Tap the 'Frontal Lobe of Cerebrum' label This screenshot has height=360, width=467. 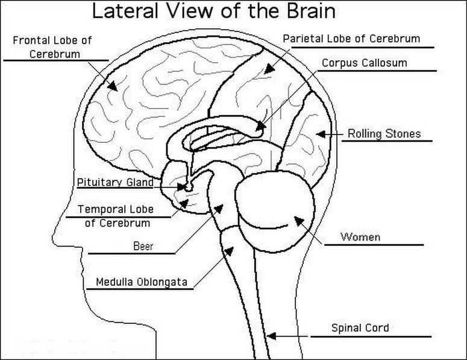coord(53,47)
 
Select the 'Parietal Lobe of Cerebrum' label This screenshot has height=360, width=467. coord(351,39)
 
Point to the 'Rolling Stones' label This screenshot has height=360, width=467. coord(384,134)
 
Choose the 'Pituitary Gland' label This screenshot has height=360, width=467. coord(115,182)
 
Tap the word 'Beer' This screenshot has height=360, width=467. coord(143,246)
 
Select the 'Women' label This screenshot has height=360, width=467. coord(360,236)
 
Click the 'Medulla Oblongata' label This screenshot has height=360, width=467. coord(142,282)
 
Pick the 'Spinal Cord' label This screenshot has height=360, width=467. coord(360,328)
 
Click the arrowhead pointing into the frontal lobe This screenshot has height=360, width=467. coord(113,87)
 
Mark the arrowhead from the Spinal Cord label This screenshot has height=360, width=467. coord(272,335)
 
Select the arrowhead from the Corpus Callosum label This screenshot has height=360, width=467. coord(260,127)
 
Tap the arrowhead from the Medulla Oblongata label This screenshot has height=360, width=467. coord(228,248)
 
